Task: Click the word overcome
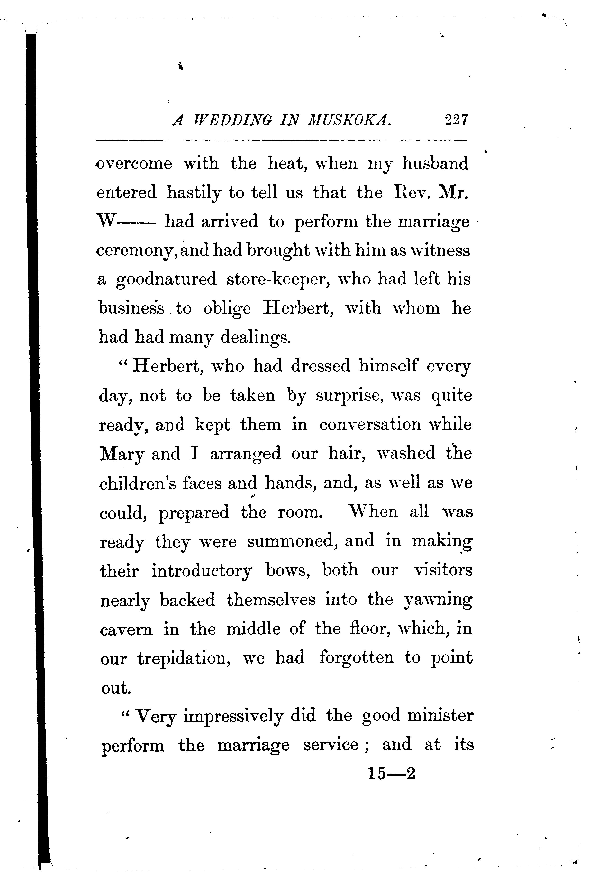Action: pyautogui.click(x=134, y=164)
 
